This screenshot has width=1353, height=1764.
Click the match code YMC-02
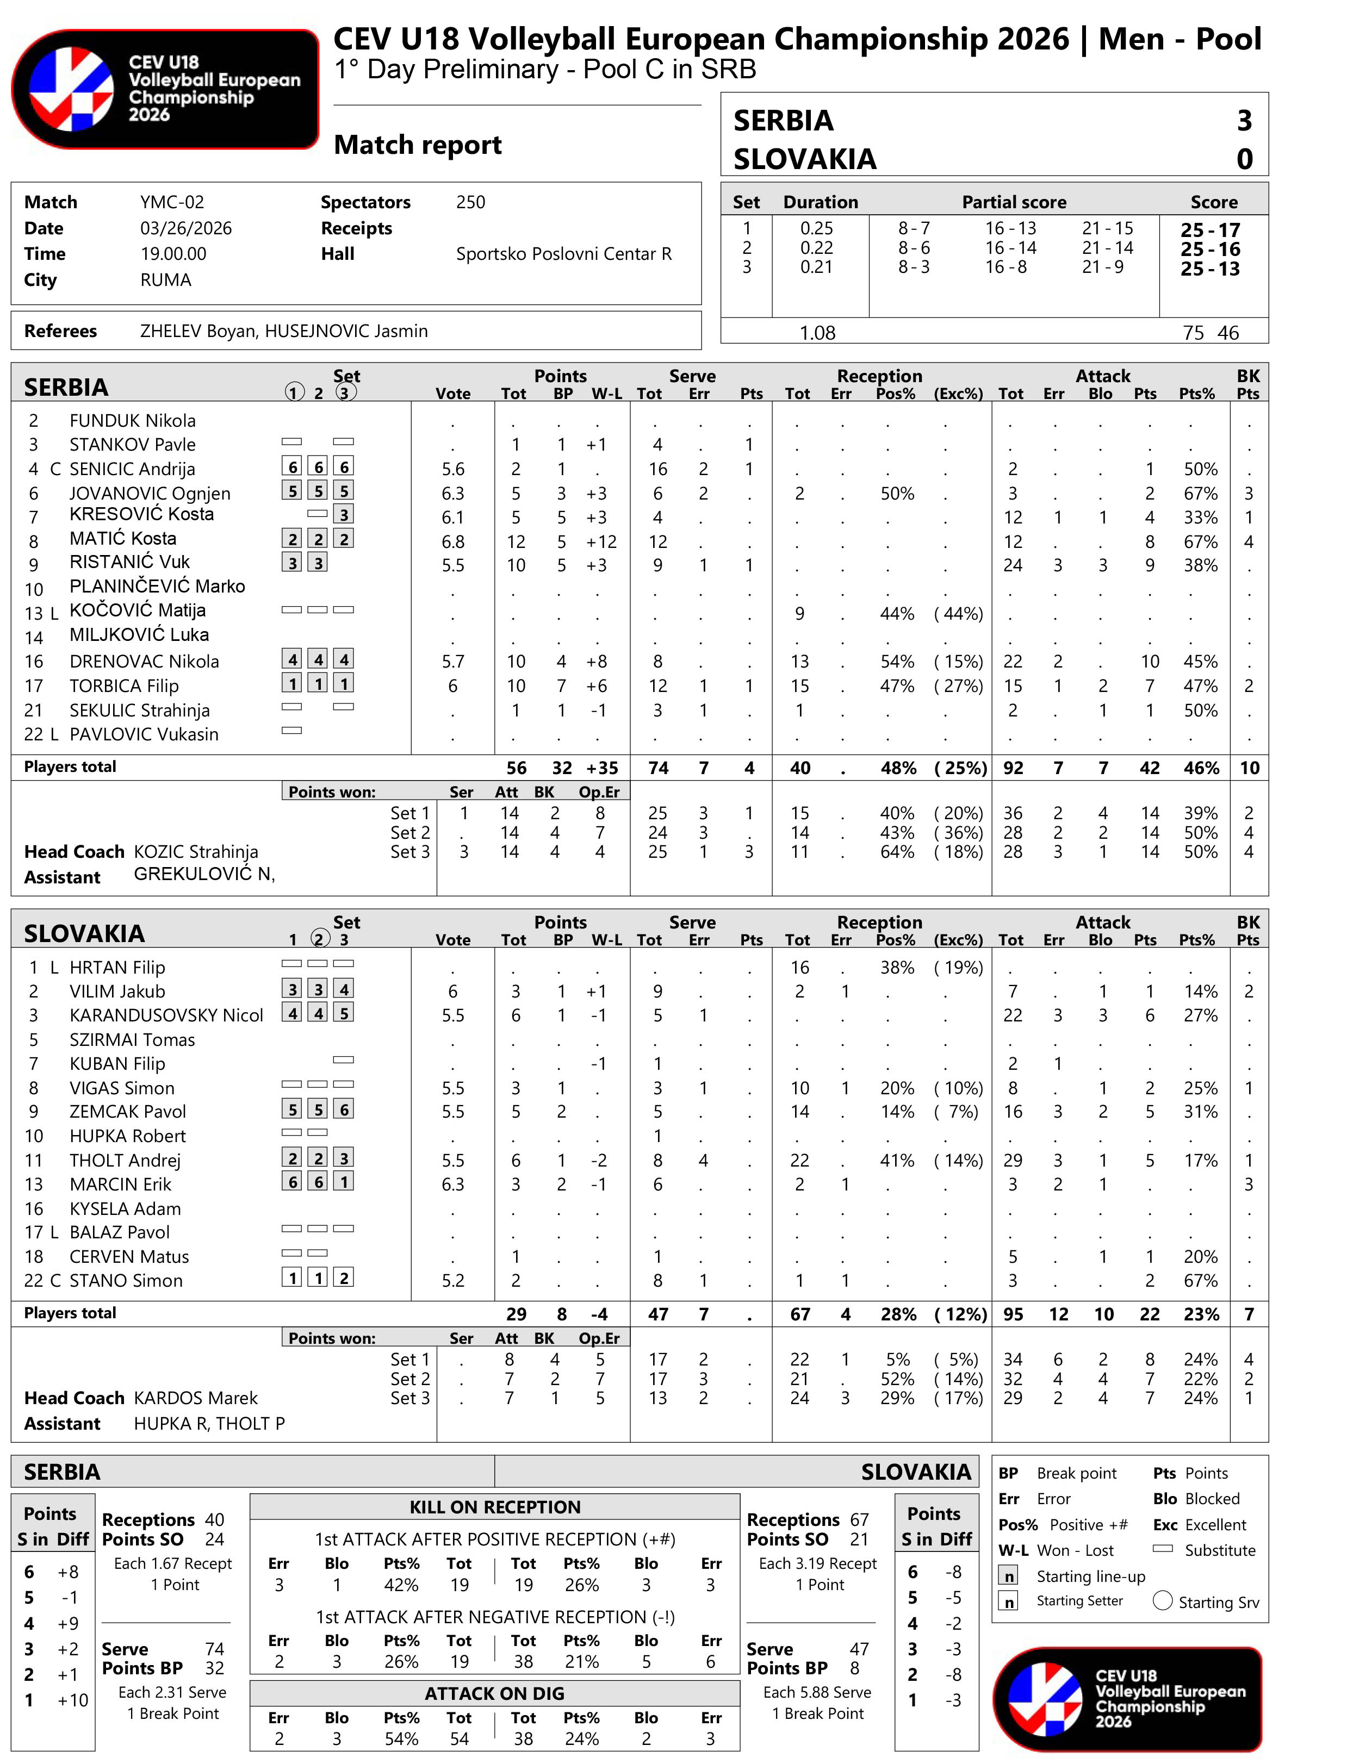pos(171,202)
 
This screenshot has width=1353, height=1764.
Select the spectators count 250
pos(470,202)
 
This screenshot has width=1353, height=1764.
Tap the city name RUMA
pos(165,280)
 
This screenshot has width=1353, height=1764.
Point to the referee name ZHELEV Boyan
pos(196,331)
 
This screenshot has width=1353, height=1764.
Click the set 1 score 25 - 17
pos(1209,229)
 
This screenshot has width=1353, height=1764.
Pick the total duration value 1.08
pos(817,333)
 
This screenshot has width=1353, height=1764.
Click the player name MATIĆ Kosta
pos(122,539)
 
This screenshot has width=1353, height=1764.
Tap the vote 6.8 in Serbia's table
pos(452,542)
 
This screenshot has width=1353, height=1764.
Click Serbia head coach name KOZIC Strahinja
pos(196,852)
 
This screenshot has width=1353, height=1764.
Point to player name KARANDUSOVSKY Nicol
pos(166,1015)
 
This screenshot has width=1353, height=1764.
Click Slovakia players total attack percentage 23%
pos(1201,1314)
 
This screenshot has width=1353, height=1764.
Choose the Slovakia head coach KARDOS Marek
pos(196,1398)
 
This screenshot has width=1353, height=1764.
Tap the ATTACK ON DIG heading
pos(494,1693)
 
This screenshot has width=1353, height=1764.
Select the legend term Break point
pos(1076,1473)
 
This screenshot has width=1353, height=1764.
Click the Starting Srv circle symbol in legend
pos(1162,1600)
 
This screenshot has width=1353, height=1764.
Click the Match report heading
pos(417,145)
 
